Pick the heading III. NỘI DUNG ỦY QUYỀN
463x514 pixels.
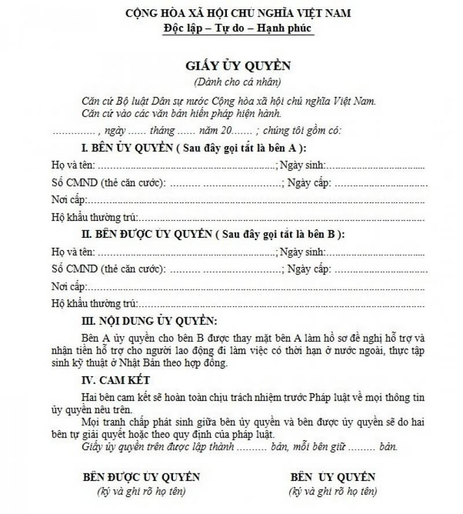(x=149, y=321)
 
